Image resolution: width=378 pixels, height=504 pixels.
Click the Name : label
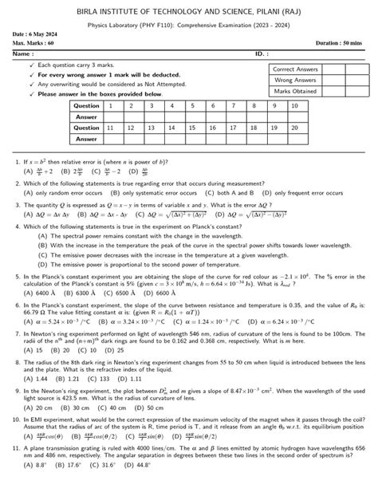pyautogui.click(x=23, y=54)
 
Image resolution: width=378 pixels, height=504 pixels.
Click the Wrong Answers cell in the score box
pyautogui.click(x=295, y=81)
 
